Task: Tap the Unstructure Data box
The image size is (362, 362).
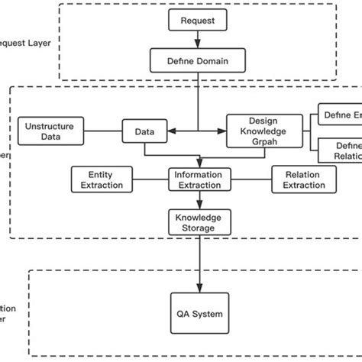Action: pyautogui.click(x=51, y=131)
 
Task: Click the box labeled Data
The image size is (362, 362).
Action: pyautogui.click(x=144, y=131)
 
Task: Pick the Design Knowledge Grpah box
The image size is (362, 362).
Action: pyautogui.click(x=259, y=131)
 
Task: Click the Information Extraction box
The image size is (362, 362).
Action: pyautogui.click(x=199, y=180)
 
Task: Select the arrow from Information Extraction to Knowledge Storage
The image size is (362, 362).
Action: pyautogui.click(x=199, y=201)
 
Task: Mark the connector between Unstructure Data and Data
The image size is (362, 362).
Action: pyautogui.click(x=103, y=131)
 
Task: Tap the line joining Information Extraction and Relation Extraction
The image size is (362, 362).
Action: pyautogui.click(x=252, y=180)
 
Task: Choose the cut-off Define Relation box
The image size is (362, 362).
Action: pyautogui.click(x=339, y=150)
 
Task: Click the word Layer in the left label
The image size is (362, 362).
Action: pyautogui.click(x=39, y=44)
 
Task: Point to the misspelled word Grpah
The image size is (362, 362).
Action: pyautogui.click(x=259, y=142)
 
